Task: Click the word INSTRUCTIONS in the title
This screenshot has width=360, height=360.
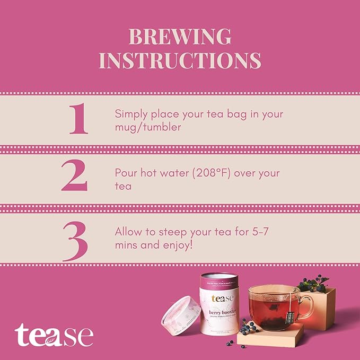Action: (x=180, y=60)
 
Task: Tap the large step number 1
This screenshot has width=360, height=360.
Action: (x=78, y=119)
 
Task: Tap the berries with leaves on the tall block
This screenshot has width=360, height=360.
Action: (x=314, y=283)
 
